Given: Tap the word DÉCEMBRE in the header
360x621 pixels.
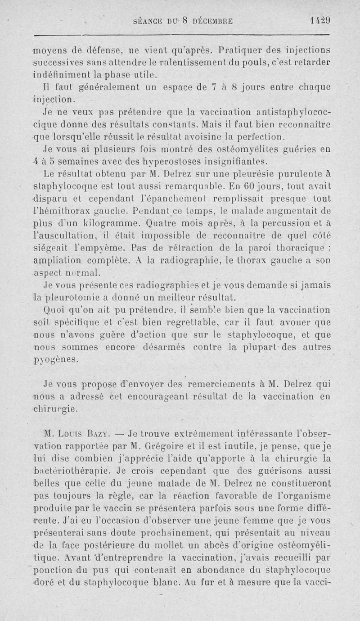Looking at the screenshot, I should (207, 21).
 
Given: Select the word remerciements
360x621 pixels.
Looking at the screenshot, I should (224, 384).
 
